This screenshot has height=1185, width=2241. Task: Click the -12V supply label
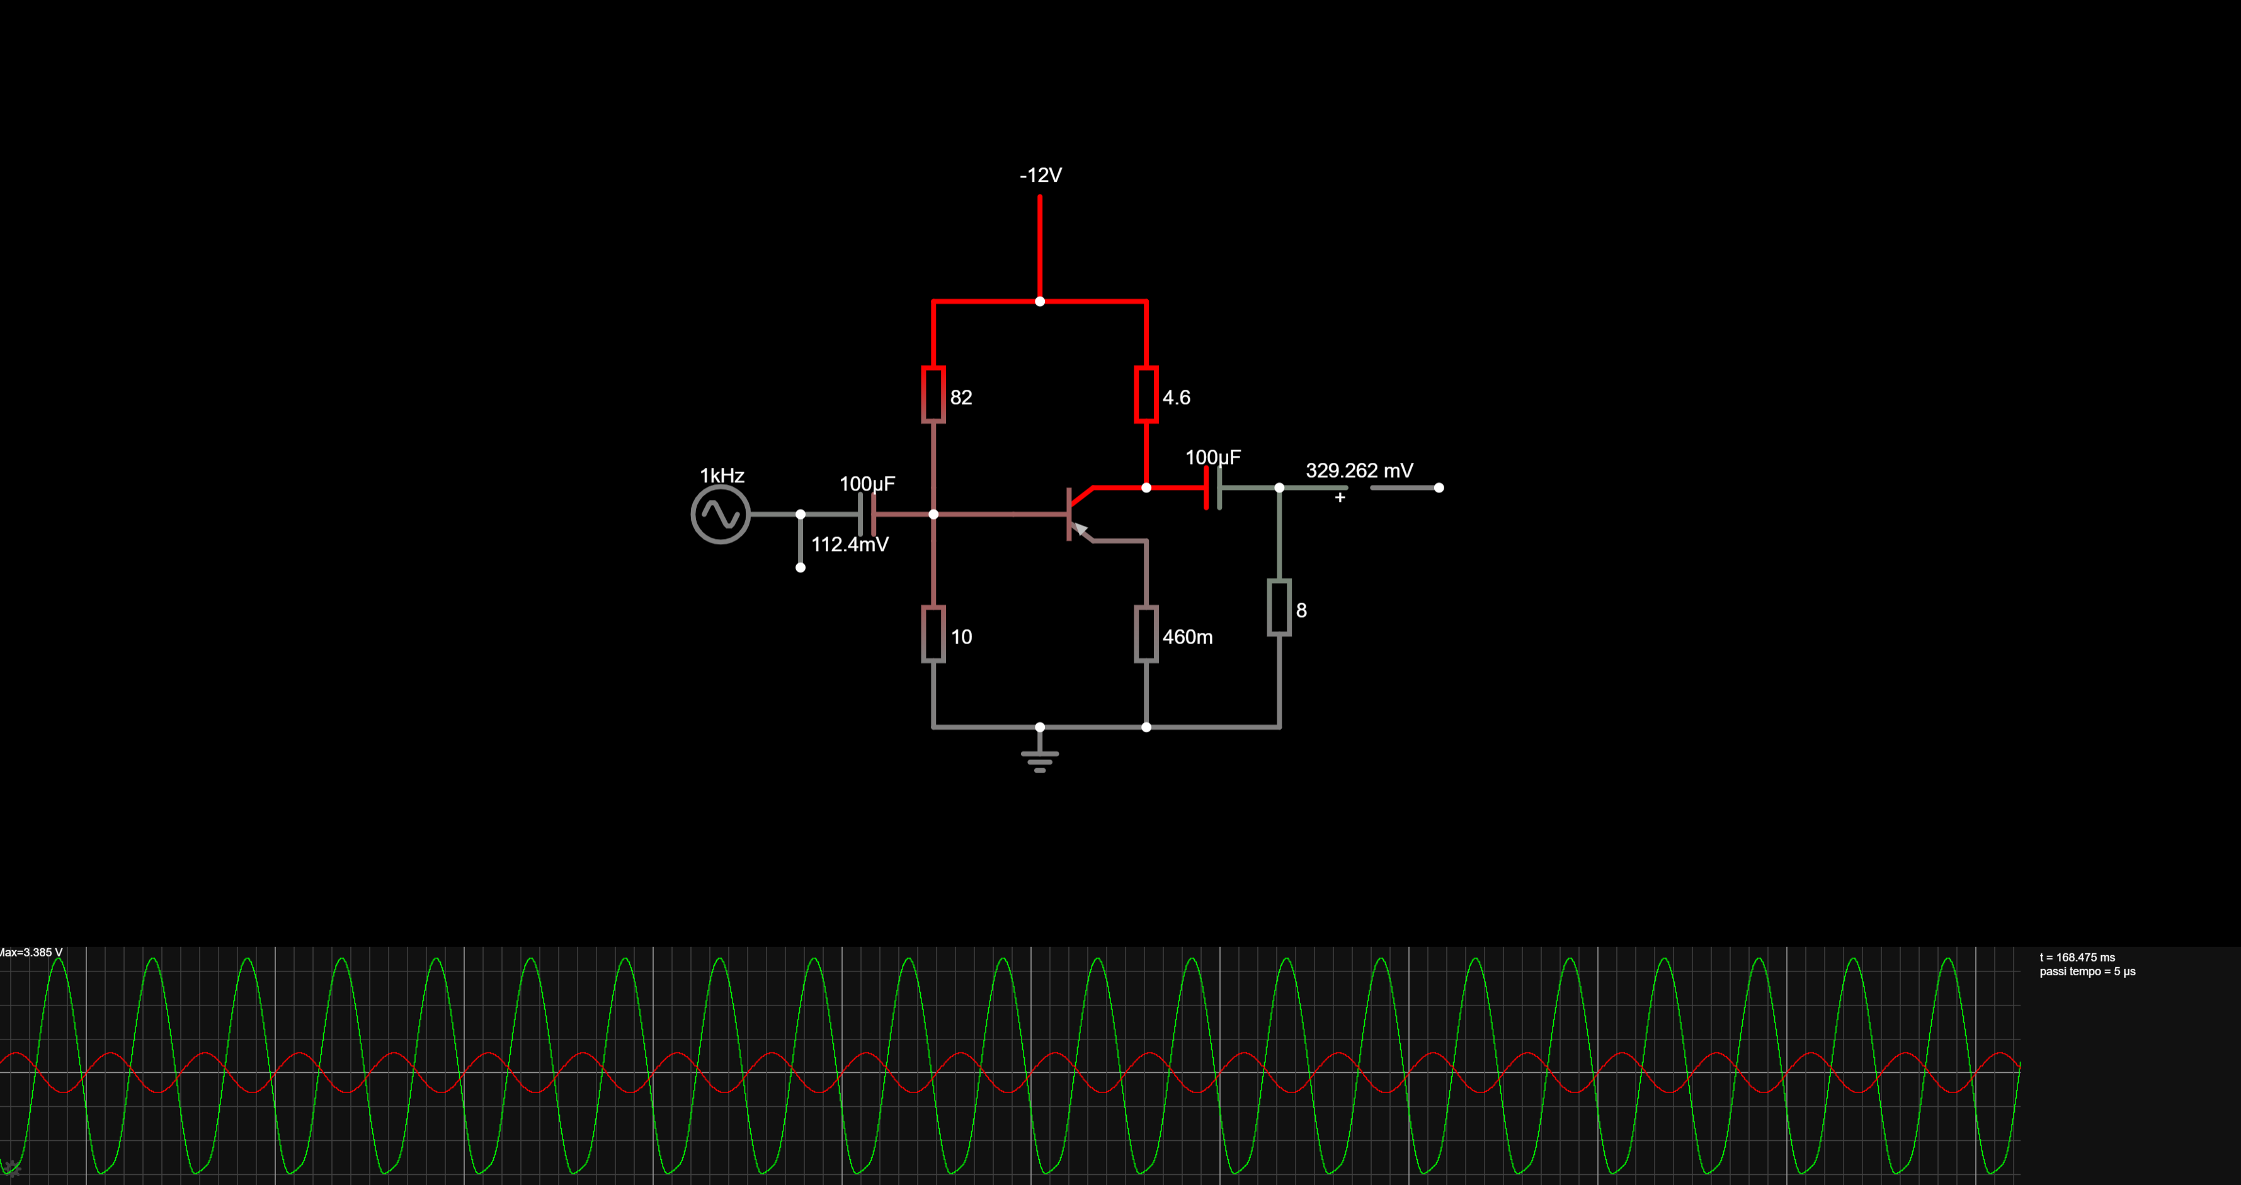[x=1041, y=176]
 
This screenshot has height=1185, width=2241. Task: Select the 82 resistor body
[x=933, y=395]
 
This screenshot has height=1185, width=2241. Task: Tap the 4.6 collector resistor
[x=1146, y=395]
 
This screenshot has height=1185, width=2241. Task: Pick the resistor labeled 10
[x=933, y=635]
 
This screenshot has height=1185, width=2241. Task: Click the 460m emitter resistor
[x=1146, y=635]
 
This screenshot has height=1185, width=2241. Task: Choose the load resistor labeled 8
[x=1279, y=608]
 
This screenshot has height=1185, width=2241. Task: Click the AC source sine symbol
[x=721, y=514]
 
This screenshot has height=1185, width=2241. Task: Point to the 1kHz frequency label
[x=722, y=475]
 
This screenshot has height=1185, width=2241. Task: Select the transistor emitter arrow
[x=1080, y=529]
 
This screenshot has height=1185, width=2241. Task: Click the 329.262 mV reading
[x=1359, y=470]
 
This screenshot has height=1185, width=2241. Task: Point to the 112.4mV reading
[x=850, y=544]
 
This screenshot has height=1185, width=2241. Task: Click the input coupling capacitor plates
[x=867, y=514]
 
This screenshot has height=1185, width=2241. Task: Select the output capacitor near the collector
[x=1212, y=488]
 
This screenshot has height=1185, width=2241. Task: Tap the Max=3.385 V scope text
[x=31, y=953]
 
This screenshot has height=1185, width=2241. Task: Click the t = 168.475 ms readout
[x=2077, y=957]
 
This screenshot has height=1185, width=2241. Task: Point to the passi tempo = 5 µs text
[x=2087, y=971]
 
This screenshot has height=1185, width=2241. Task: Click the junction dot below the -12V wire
[x=1040, y=302]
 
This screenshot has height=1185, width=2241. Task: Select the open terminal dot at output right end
[x=1439, y=488]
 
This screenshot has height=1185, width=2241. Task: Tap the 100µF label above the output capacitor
[x=1212, y=457]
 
